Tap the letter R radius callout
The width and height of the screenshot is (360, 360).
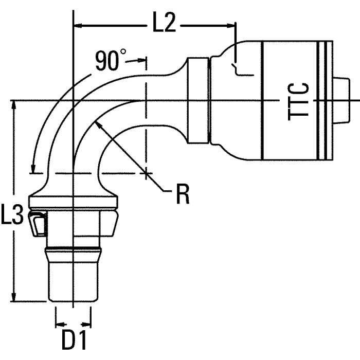182,194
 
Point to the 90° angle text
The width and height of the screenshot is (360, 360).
110,61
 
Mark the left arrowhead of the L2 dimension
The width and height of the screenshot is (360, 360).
78,24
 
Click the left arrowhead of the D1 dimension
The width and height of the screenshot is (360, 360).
58,325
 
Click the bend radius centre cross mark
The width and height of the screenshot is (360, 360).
147,173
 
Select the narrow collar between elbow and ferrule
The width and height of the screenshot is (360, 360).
198,101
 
